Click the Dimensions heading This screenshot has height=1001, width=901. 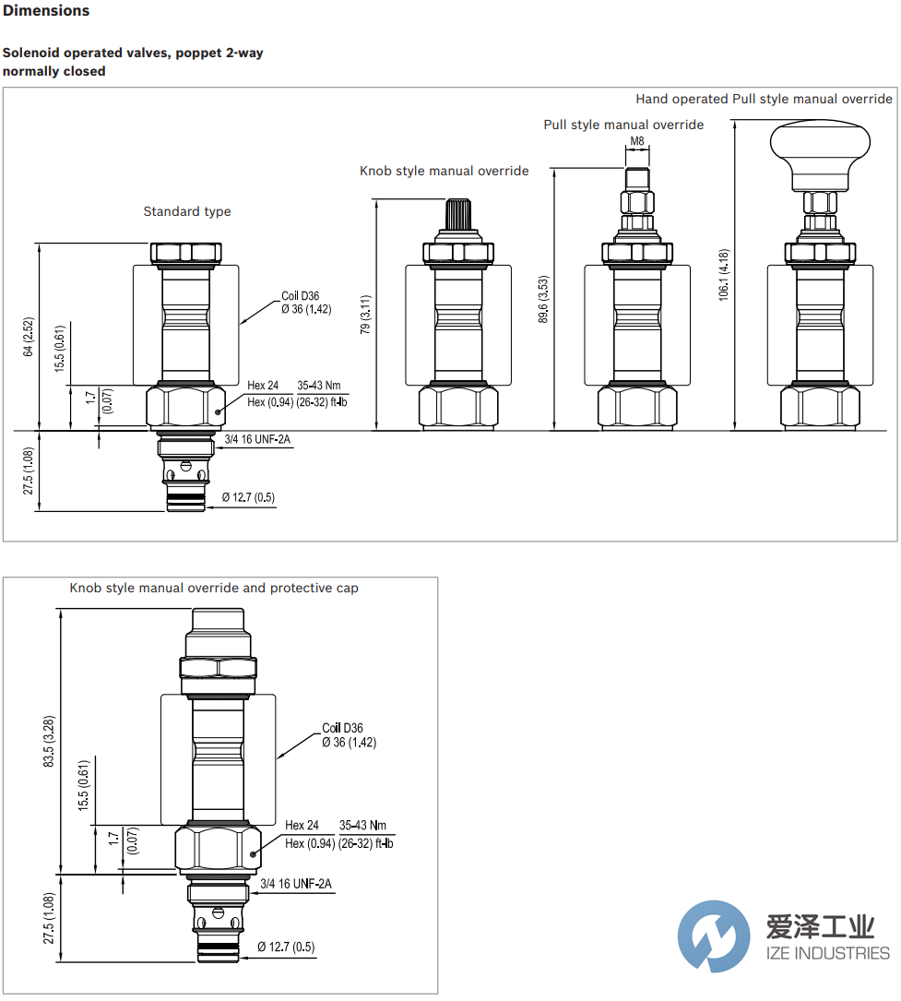click(46, 11)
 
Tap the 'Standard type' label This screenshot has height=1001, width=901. click(187, 211)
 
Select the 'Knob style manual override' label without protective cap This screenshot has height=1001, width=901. click(444, 171)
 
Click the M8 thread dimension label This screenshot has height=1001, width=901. click(637, 141)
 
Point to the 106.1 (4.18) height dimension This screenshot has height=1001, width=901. click(724, 275)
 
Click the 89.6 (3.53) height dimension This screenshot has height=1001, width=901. click(543, 299)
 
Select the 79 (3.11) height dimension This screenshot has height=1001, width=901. click(366, 315)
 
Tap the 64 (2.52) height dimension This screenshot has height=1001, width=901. click(29, 337)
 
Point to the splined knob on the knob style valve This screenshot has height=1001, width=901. click(458, 217)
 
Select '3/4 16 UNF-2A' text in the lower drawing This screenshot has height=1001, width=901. click(296, 884)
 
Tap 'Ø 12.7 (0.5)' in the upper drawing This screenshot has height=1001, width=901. click(248, 498)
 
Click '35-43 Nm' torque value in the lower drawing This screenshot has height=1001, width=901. click(362, 826)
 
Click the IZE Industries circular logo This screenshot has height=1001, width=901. click(713, 935)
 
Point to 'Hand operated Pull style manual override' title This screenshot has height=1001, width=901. click(764, 99)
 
